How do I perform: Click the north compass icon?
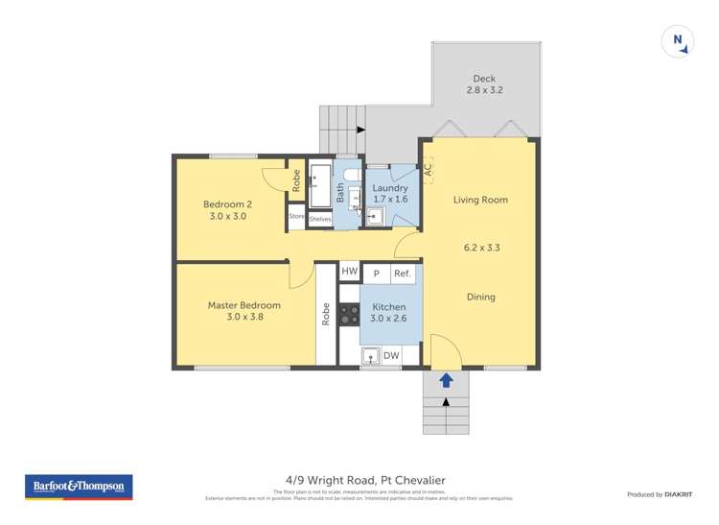click(678, 40)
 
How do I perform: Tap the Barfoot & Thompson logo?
click(78, 488)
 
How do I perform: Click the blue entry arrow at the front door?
click(446, 380)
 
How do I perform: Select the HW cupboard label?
click(349, 274)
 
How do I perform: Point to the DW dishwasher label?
click(391, 356)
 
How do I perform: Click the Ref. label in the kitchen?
click(403, 274)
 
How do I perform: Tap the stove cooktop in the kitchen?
click(349, 313)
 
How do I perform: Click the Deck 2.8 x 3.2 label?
click(484, 84)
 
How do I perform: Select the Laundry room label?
click(390, 194)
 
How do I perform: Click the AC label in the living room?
click(428, 166)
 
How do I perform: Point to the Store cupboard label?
click(296, 218)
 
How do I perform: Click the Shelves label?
click(319, 219)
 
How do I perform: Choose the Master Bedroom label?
click(244, 311)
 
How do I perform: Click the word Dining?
click(480, 297)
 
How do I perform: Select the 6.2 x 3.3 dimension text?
click(480, 248)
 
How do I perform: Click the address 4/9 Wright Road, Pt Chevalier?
click(359, 480)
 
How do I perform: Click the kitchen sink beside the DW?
click(370, 356)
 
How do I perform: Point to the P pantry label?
click(376, 274)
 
